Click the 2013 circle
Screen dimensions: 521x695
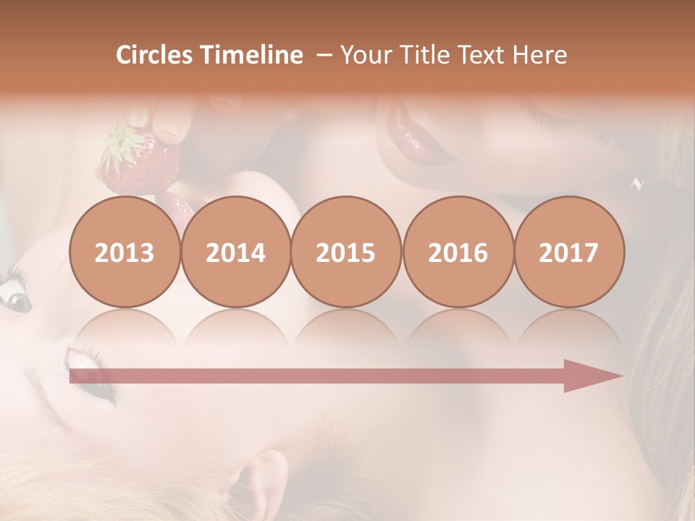(125, 252)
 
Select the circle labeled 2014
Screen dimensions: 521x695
(235, 252)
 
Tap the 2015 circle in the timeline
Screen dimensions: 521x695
(346, 252)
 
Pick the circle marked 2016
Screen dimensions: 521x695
(458, 252)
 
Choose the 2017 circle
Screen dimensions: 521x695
(568, 252)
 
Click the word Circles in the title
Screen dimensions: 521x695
(153, 55)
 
